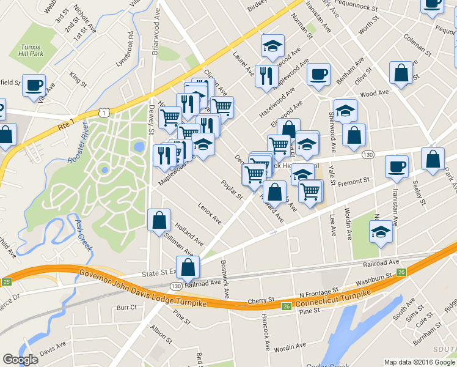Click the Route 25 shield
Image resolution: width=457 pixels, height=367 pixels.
click(6, 281)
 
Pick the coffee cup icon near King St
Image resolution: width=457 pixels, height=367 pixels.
click(34, 85)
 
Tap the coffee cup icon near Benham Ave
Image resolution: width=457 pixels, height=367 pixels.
click(318, 75)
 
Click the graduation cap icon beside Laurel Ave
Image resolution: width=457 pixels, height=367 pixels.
click(272, 45)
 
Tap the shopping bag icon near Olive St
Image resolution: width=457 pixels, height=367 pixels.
click(401, 73)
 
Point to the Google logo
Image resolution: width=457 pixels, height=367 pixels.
click(21, 359)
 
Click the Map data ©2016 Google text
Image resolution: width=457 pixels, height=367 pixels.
click(419, 362)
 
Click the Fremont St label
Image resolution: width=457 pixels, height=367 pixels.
click(354, 182)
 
